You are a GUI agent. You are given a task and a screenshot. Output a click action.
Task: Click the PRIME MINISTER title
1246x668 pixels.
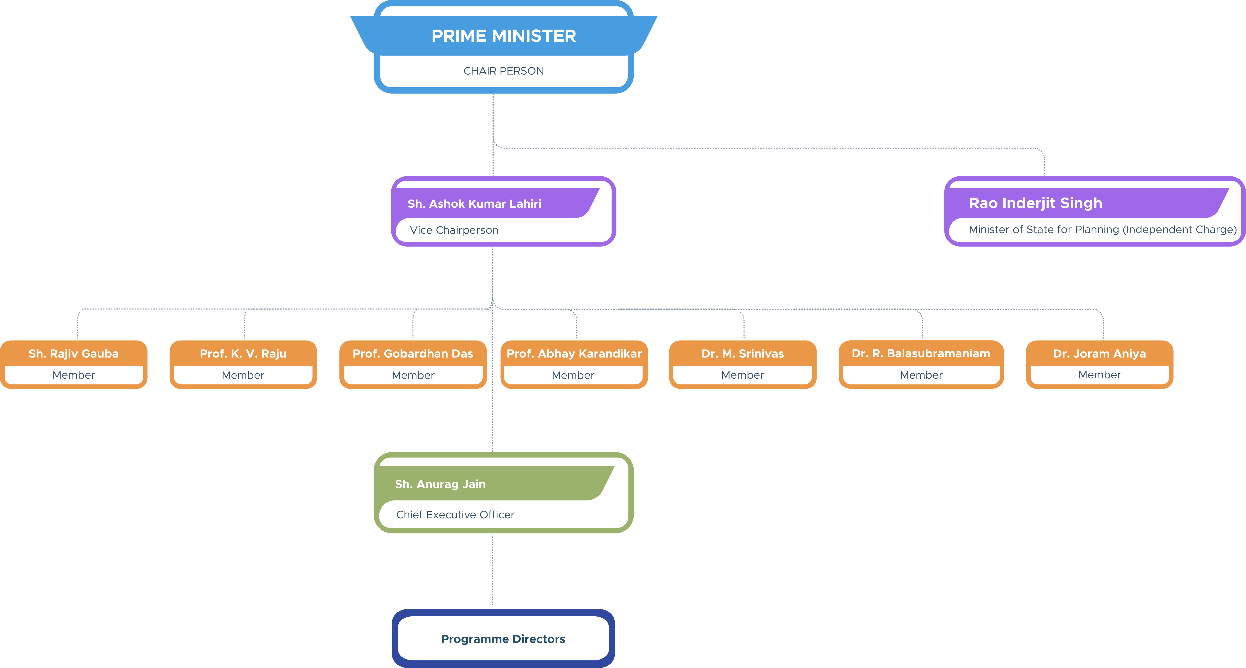click(x=503, y=36)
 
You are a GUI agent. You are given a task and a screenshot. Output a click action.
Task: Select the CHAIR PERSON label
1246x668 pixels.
click(x=503, y=71)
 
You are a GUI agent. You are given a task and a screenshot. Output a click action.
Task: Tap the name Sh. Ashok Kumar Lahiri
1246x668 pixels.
click(x=474, y=204)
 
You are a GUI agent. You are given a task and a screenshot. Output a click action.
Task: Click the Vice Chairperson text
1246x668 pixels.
click(x=454, y=230)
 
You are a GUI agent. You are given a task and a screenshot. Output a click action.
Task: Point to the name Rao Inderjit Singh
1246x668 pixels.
click(x=1036, y=203)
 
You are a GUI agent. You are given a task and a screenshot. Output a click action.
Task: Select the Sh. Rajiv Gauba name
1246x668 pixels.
click(x=74, y=354)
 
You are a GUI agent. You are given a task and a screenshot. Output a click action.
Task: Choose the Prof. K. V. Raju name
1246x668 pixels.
click(x=243, y=354)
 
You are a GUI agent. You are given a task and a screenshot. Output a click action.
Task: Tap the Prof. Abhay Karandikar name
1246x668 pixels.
click(x=574, y=354)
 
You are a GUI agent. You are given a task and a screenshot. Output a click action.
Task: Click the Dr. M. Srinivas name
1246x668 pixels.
click(x=743, y=354)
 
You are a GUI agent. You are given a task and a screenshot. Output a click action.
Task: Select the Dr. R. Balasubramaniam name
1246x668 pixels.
click(x=921, y=354)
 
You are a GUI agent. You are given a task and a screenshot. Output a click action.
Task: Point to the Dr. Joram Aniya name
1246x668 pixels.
click(x=1099, y=354)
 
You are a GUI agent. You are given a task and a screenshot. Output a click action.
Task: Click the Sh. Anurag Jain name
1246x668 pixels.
click(x=440, y=484)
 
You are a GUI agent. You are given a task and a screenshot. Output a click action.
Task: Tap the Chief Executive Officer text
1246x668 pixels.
click(x=455, y=515)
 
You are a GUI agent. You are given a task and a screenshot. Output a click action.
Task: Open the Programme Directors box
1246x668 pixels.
click(x=503, y=639)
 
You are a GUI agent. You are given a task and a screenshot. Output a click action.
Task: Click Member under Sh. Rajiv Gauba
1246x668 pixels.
click(x=74, y=375)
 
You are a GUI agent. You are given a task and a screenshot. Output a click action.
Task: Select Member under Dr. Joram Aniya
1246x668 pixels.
click(x=1099, y=375)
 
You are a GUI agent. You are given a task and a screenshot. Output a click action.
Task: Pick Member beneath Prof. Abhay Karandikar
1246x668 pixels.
click(x=573, y=375)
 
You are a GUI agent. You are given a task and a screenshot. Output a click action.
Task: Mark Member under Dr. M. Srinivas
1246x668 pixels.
click(x=743, y=375)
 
